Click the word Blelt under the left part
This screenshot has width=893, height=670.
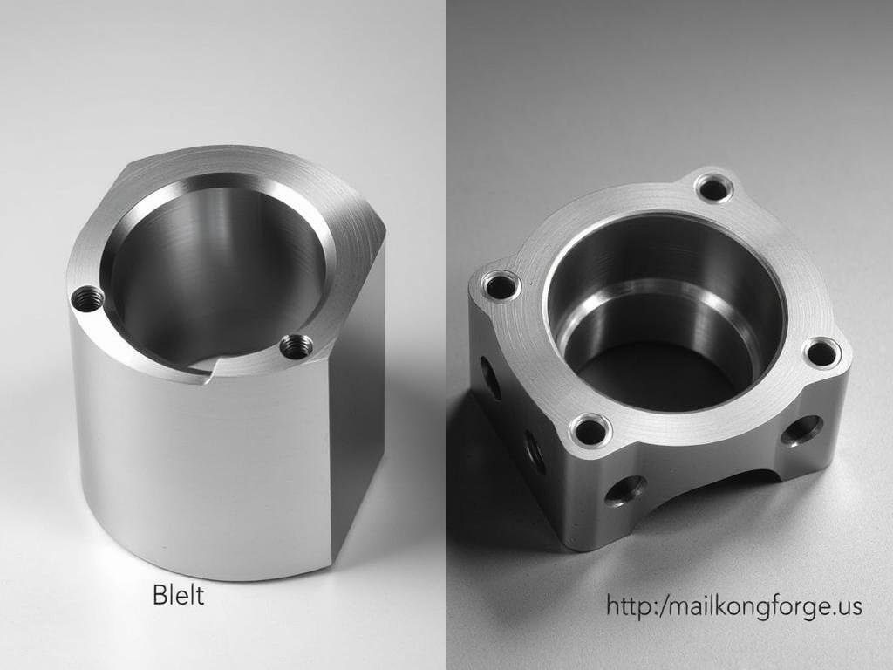click(178, 597)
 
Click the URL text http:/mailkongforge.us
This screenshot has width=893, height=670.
click(734, 606)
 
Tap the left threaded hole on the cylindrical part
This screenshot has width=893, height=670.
click(87, 299)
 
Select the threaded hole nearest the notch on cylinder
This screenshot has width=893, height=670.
click(297, 346)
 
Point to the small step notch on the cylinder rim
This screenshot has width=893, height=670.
click(209, 373)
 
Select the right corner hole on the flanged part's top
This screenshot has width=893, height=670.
click(821, 353)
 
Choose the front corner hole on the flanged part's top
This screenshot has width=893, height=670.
click(590, 430)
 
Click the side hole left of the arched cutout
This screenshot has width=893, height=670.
click(625, 490)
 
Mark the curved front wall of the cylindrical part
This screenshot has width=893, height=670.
click(201, 471)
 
